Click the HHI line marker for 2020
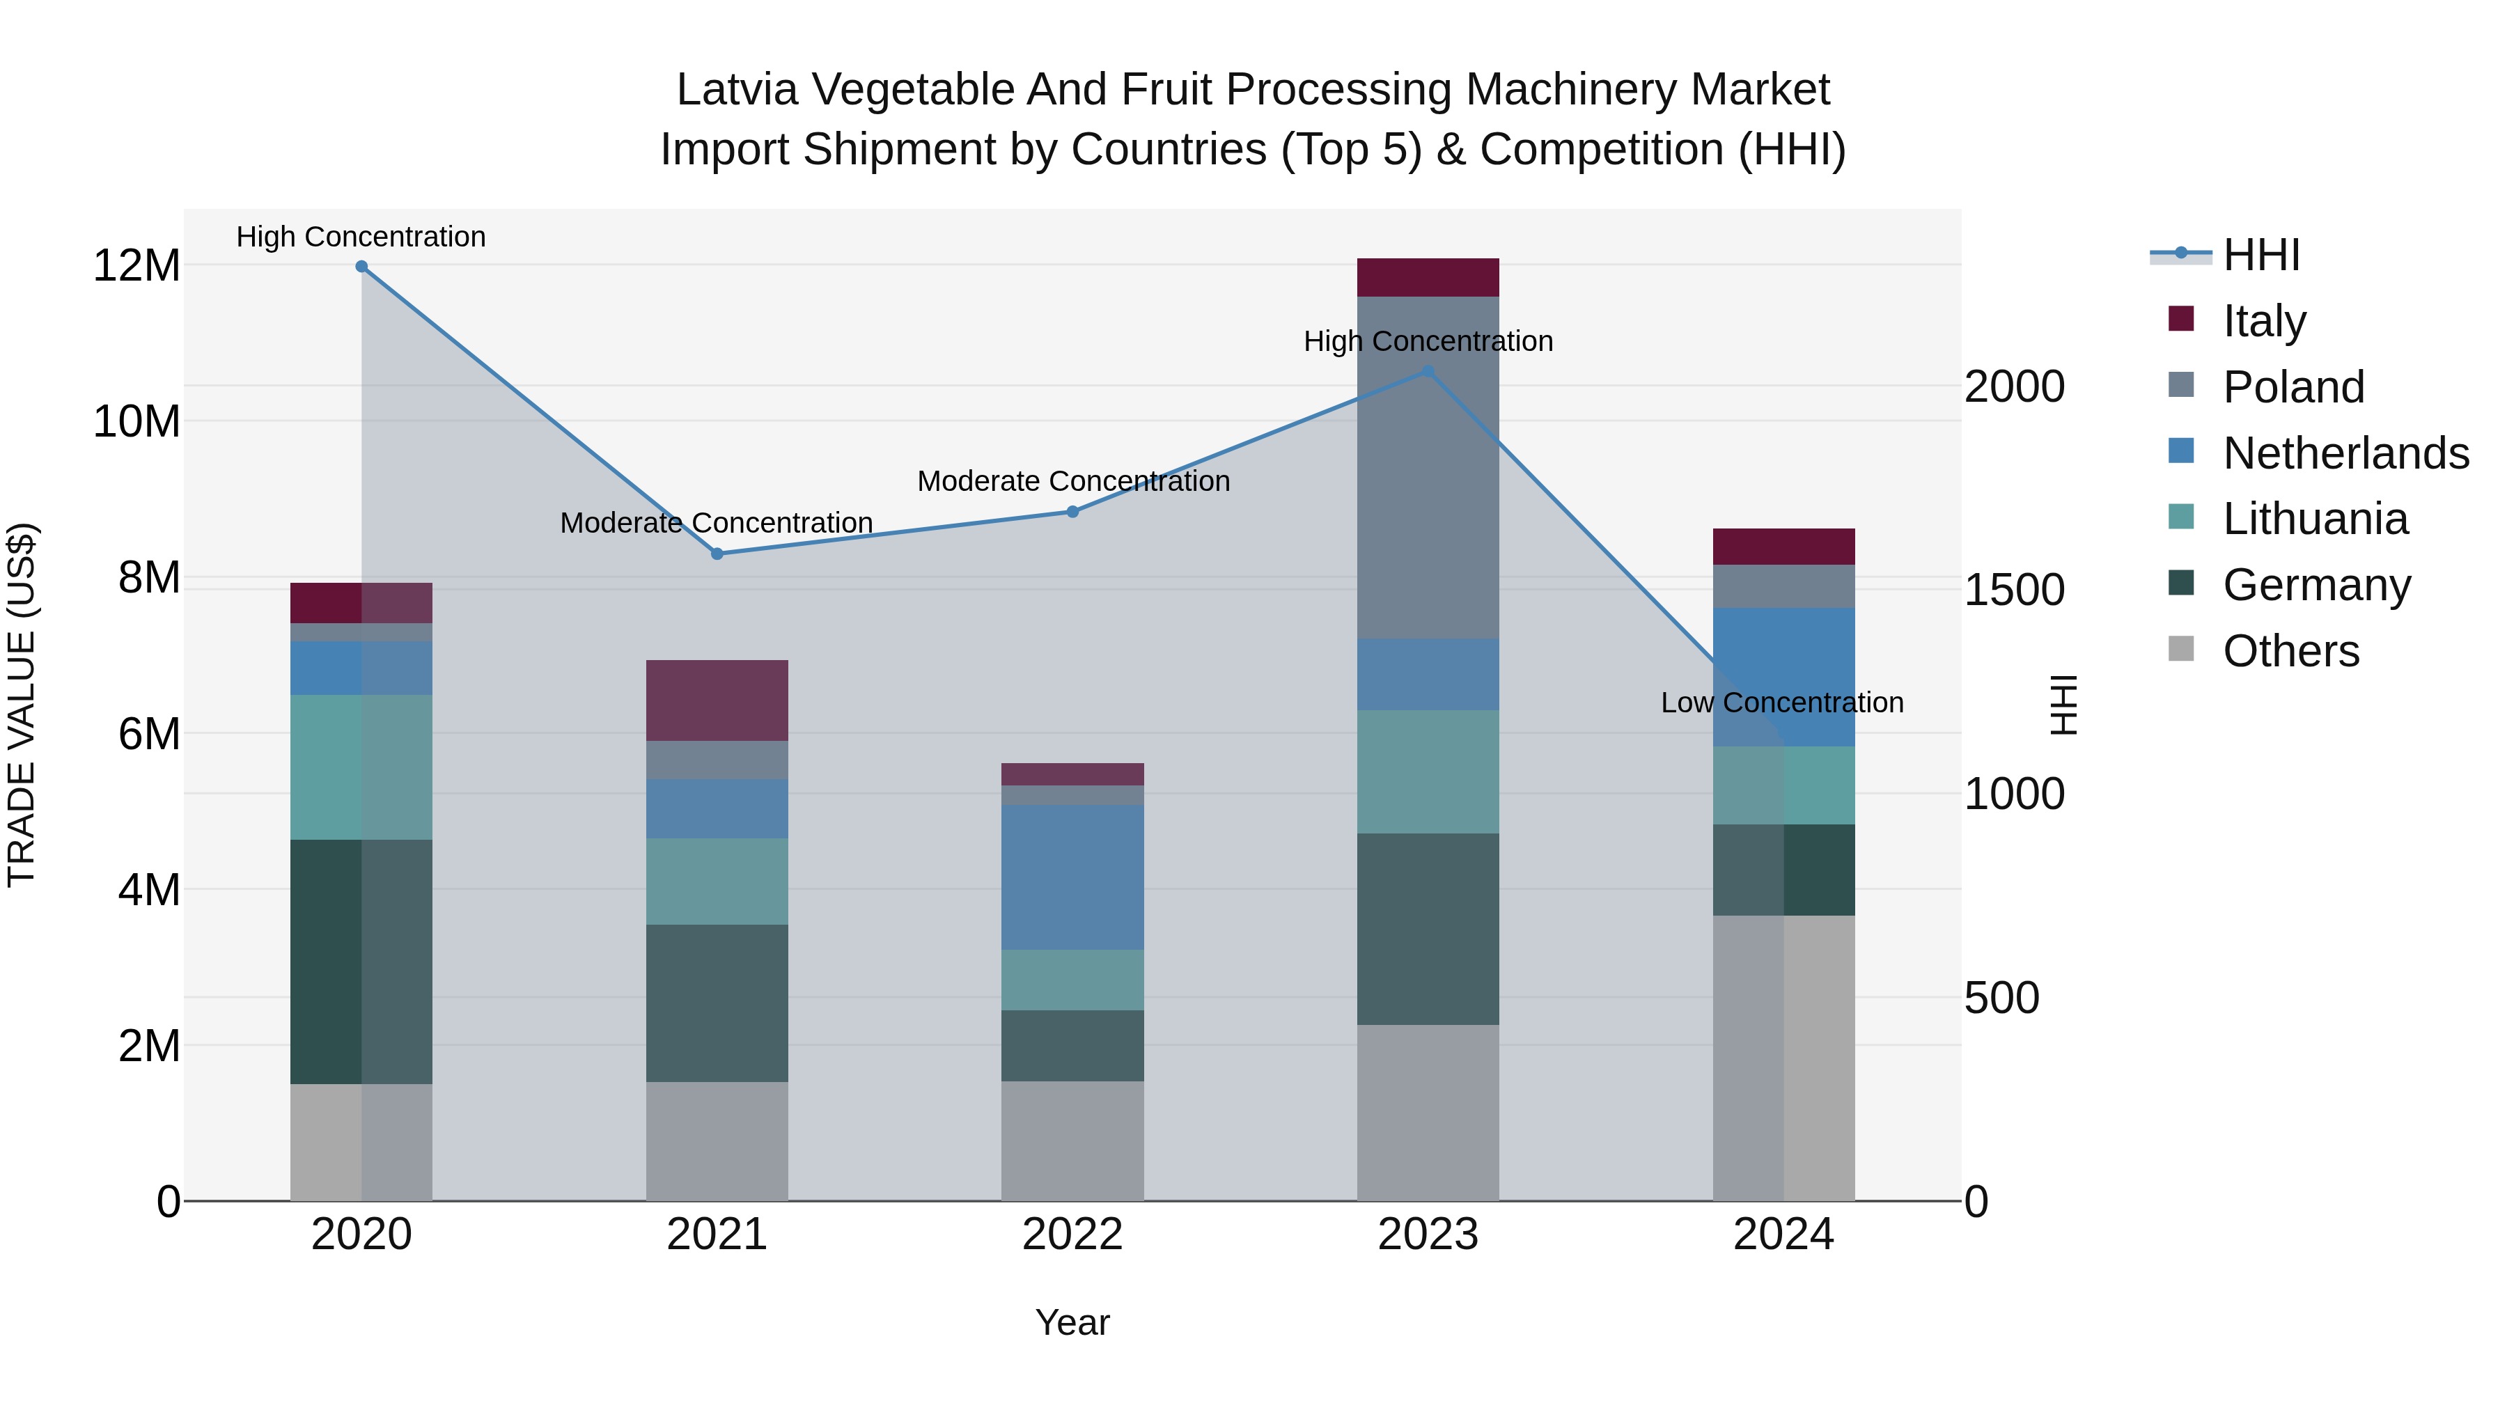[361, 267]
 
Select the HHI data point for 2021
[717, 554]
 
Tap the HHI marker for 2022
[1072, 512]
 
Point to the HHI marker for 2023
[1428, 370]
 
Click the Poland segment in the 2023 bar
[1428, 467]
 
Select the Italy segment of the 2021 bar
[717, 700]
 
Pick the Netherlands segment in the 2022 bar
[1072, 877]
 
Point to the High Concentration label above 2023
[1428, 342]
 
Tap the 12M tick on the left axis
[136, 266]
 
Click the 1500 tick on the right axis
[2013, 590]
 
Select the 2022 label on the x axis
[1072, 1235]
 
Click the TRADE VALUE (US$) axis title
[22, 705]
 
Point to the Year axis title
[1072, 1322]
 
